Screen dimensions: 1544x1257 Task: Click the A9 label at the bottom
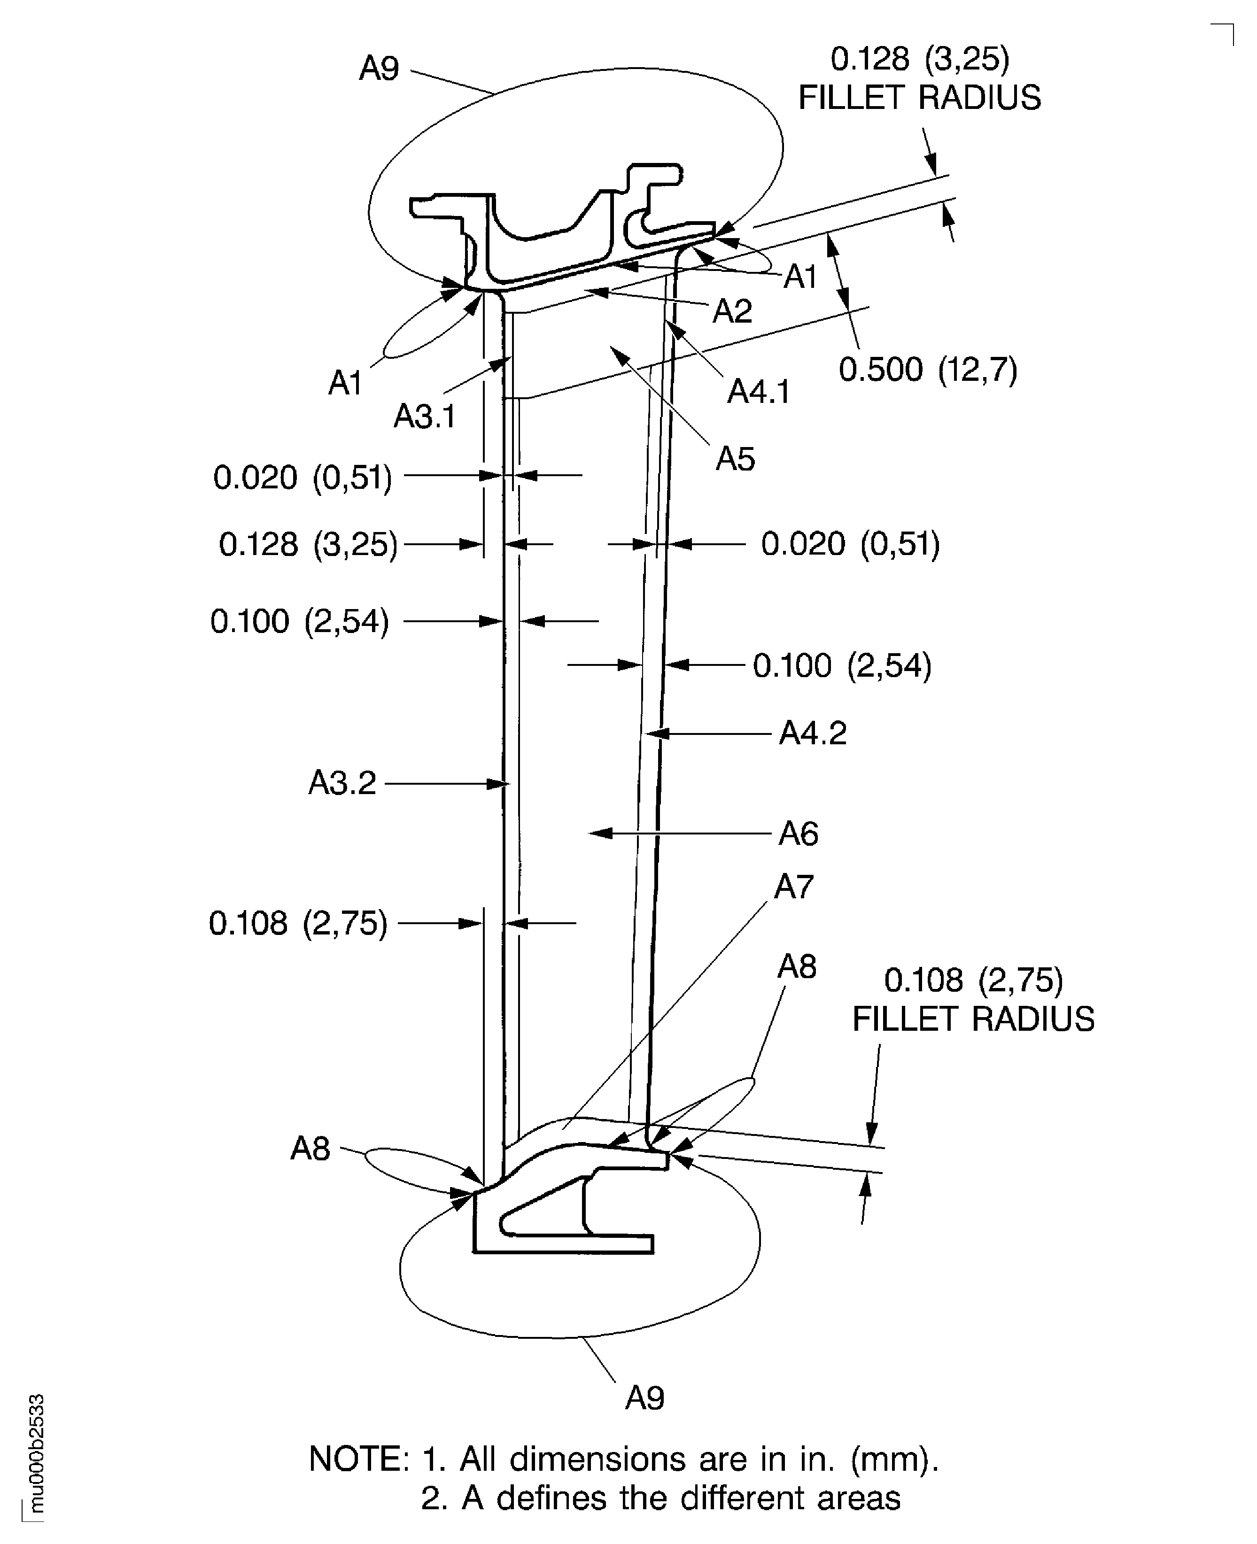pos(644,1398)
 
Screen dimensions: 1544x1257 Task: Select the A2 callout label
pos(732,311)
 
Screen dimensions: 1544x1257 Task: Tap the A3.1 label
pos(424,416)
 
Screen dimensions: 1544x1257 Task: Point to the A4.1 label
pos(758,392)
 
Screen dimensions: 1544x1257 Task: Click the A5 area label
pos(735,459)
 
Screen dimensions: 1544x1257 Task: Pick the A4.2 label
pos(813,733)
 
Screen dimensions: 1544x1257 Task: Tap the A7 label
pos(793,887)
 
